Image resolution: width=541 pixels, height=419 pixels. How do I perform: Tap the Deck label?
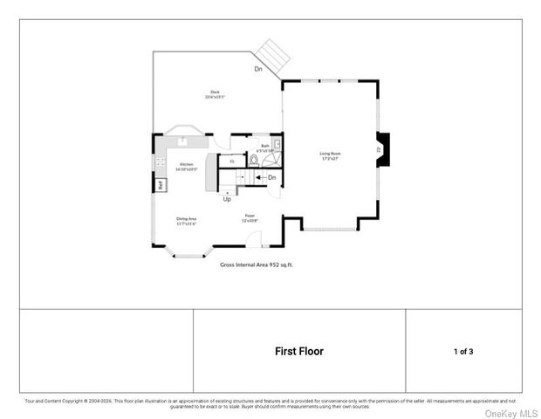214,94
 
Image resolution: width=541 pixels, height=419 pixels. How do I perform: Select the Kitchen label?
186,167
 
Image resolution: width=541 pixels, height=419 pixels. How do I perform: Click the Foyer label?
250,219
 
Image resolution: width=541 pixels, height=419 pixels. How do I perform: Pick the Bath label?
265,148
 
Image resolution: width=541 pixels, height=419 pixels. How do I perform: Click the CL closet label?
232,161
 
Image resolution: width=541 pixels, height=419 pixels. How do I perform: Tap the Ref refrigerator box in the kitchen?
161,184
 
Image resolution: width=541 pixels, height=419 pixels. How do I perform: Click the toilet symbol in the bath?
254,160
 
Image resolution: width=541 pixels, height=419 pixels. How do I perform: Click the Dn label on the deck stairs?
258,68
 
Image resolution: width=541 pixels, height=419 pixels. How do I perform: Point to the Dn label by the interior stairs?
271,178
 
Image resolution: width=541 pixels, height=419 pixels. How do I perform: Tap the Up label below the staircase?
227,199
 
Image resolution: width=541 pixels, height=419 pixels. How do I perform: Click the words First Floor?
299,352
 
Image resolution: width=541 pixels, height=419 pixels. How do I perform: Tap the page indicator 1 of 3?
463,352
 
